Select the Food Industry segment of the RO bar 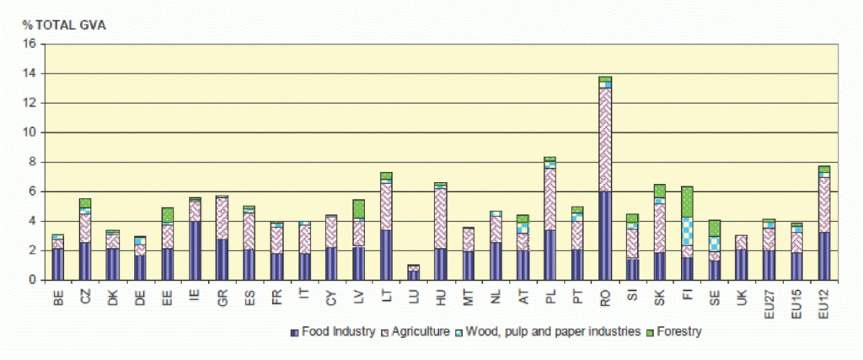tap(605, 235)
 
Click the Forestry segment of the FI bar tap(687, 201)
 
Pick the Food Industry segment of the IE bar tap(195, 250)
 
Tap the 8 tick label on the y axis tap(31, 162)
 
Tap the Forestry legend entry tap(675, 331)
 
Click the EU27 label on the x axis tap(769, 298)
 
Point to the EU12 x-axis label tap(823, 298)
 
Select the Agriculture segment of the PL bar tap(550, 198)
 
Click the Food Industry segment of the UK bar tap(742, 264)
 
